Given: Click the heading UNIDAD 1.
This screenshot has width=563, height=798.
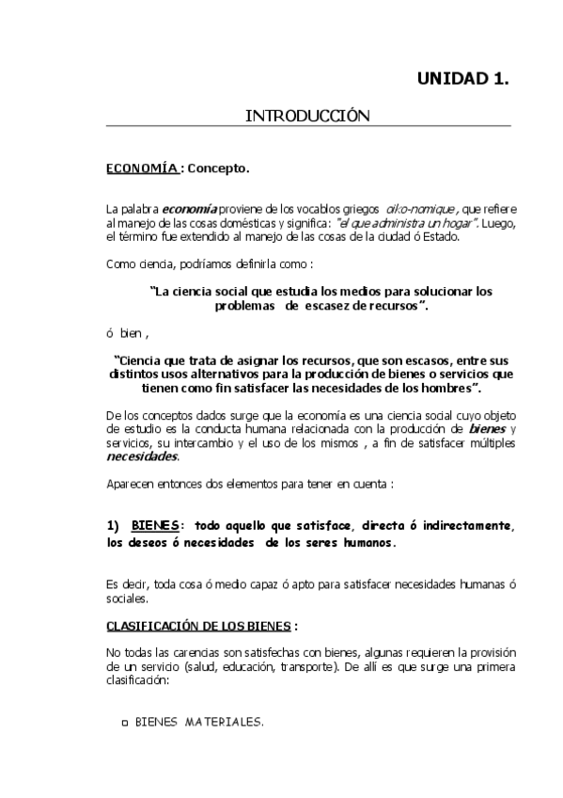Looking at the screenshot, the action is [x=462, y=79].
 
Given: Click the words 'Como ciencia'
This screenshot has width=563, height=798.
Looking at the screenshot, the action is [x=137, y=264].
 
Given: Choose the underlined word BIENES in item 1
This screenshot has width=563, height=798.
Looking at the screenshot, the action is [x=153, y=525].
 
